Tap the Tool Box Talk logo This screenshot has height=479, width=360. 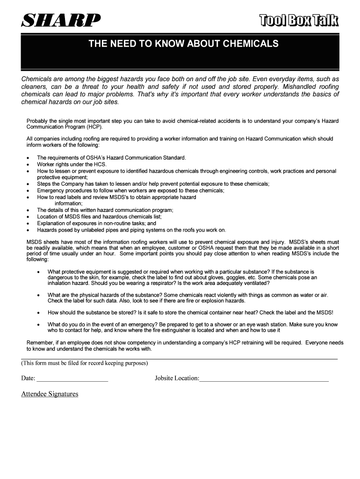(299, 21)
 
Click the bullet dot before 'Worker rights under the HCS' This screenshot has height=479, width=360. (29, 165)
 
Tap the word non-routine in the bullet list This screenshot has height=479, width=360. (112, 223)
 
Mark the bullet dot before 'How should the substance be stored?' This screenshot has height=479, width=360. (39, 312)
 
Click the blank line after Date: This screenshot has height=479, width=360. (72, 378)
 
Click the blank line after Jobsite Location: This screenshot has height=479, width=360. (264, 378)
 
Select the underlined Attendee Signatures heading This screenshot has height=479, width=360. (50, 394)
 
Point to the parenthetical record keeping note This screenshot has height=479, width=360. (85, 363)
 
